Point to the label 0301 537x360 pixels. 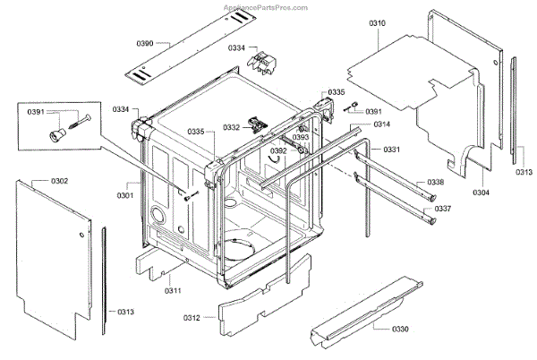[124, 195]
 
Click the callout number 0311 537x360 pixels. [173, 289]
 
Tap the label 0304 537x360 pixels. [481, 192]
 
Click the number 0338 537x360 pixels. [435, 183]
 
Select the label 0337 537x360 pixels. [442, 209]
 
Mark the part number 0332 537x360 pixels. [231, 128]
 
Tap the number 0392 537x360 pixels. [278, 151]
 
